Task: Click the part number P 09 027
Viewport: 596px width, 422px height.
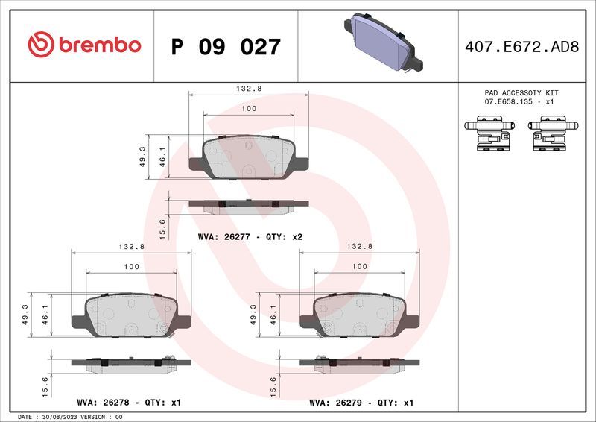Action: point(226,47)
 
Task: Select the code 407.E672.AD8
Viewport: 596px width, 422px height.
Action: point(521,46)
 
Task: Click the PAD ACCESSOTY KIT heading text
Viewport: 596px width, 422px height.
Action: point(521,93)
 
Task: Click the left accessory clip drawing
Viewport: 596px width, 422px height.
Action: point(488,133)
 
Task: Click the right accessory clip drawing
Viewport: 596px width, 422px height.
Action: point(552,133)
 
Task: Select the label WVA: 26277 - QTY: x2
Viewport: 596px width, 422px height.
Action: point(250,236)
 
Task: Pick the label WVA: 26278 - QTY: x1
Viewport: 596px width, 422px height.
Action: point(129,403)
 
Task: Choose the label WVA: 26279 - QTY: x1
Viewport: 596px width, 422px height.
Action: point(361,403)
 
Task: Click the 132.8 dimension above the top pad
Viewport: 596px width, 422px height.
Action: point(248,88)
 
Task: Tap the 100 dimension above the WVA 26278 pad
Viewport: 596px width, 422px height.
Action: point(131,266)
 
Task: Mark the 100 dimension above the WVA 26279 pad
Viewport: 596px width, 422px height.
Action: point(359,266)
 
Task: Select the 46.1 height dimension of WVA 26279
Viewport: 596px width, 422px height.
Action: point(273,314)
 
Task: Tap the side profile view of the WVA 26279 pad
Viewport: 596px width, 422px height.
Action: point(359,362)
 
